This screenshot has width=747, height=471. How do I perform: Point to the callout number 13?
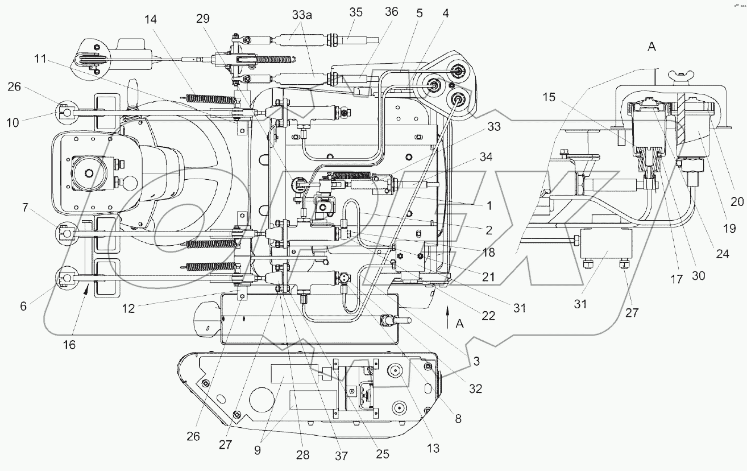click(433, 448)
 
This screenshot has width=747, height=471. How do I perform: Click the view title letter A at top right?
click(651, 47)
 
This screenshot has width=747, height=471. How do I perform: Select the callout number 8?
click(458, 419)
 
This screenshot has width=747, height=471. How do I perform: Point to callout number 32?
click(475, 390)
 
